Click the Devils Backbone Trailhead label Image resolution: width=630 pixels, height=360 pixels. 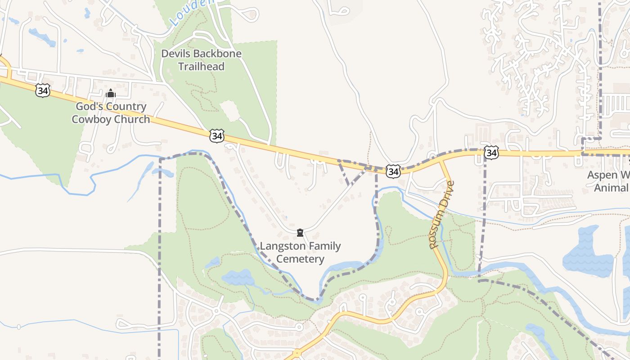pos(201,60)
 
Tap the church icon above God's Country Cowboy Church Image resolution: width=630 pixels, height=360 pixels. pos(111,94)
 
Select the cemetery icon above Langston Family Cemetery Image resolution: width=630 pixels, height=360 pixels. pos(300,233)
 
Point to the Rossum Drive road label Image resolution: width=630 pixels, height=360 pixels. pos(442,215)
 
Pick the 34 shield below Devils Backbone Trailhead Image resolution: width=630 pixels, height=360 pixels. pos(217,135)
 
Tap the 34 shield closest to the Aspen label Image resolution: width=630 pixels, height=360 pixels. pos(491,153)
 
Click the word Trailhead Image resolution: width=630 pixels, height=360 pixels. pos(201,67)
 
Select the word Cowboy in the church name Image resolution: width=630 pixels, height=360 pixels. pos(94,119)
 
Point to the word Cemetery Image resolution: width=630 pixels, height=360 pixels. pos(300,259)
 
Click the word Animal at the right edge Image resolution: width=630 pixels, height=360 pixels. pos(611,188)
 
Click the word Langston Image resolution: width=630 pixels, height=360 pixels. pos(282,246)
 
